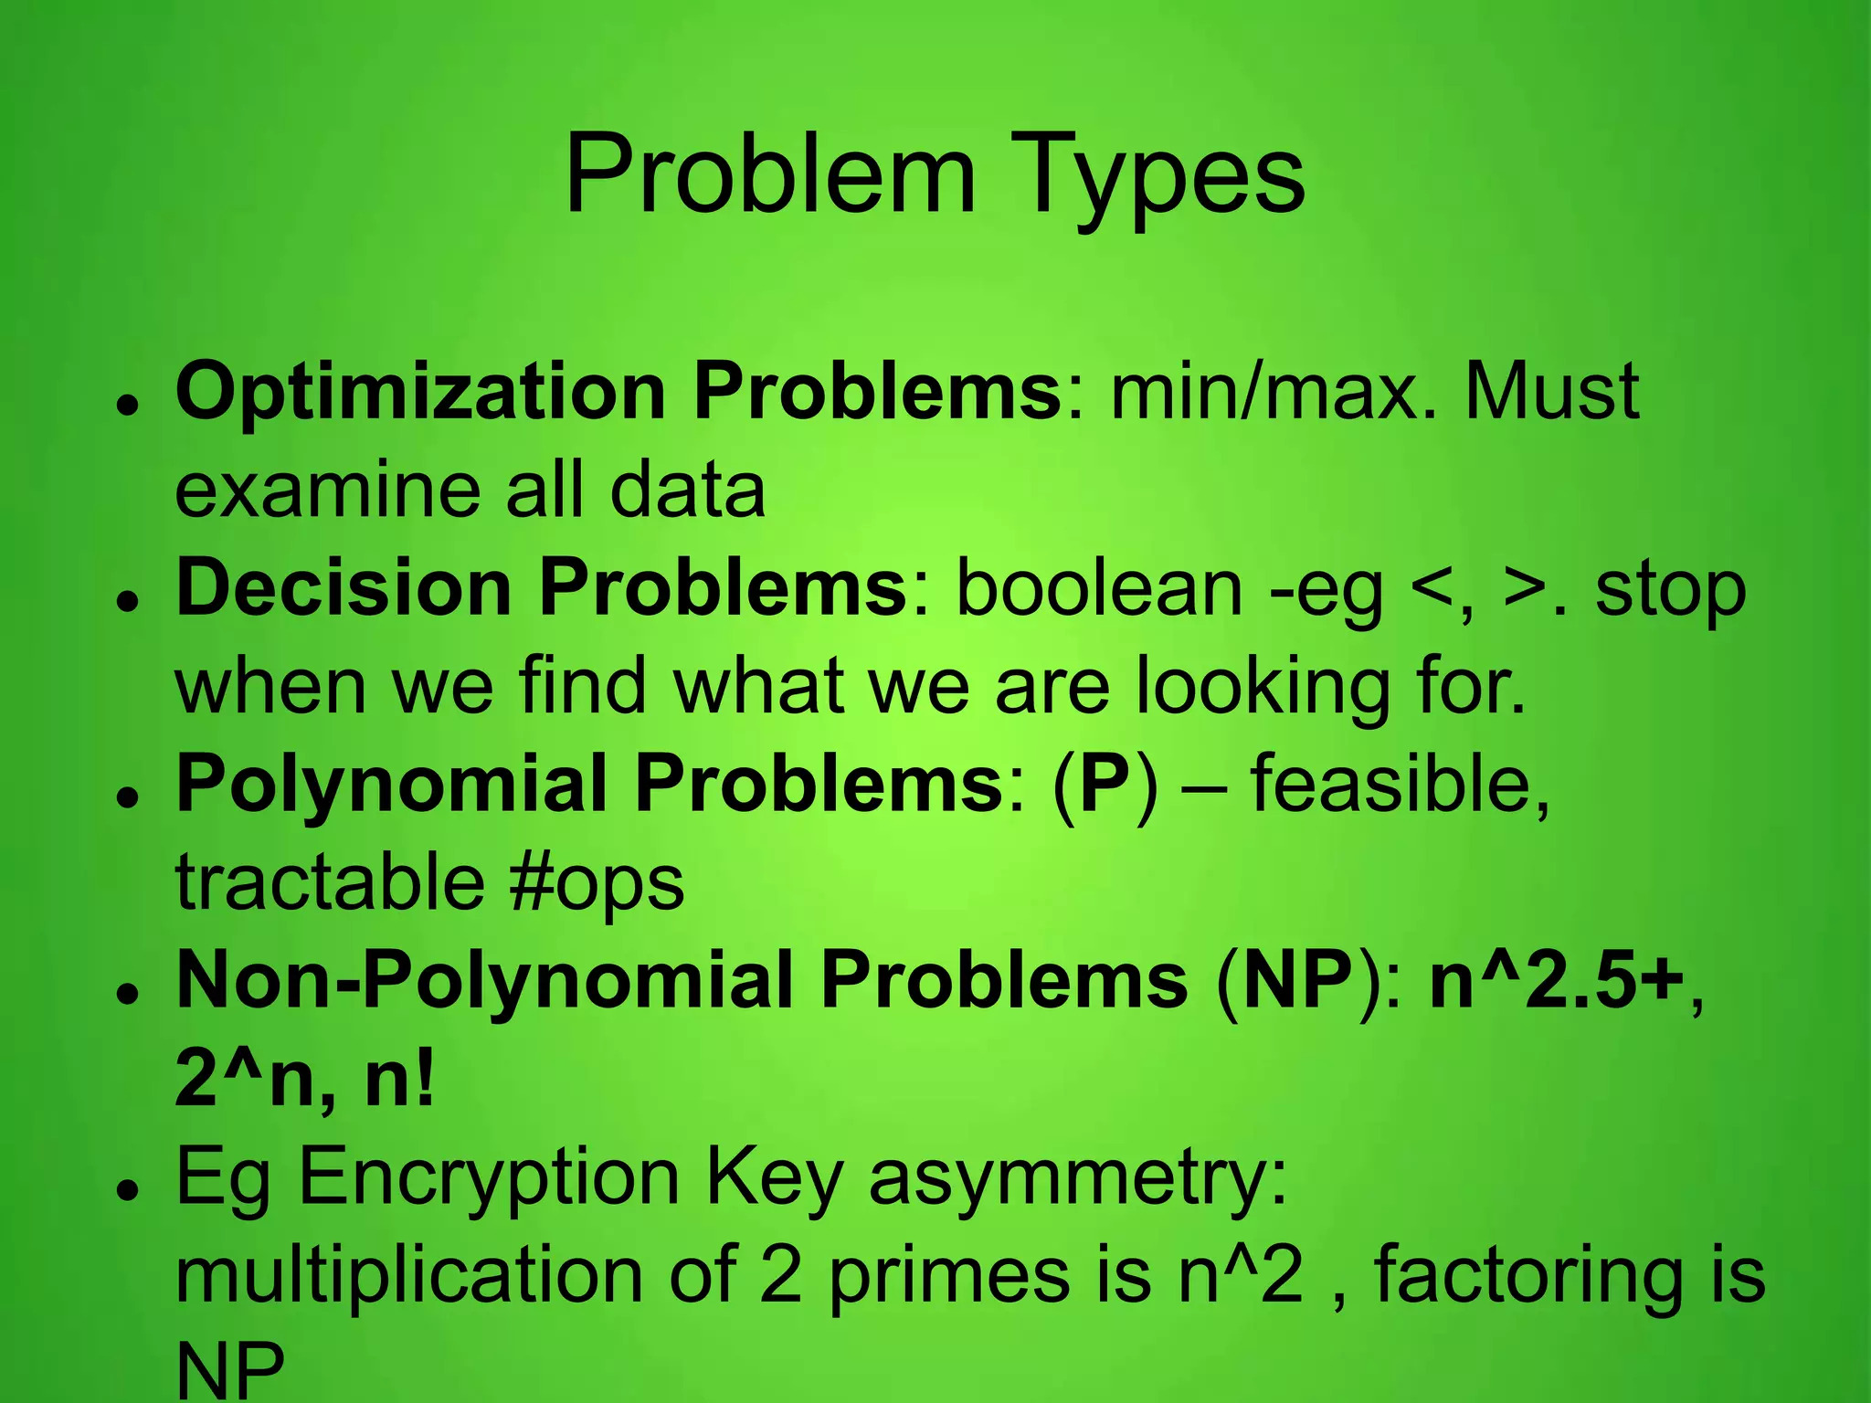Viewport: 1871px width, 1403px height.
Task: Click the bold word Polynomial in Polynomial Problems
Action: [392, 784]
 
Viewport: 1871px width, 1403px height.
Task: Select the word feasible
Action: [1400, 784]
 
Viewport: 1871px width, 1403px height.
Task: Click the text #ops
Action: [597, 883]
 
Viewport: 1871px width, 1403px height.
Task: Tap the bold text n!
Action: [399, 1080]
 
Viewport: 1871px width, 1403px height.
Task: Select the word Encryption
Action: [489, 1178]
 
